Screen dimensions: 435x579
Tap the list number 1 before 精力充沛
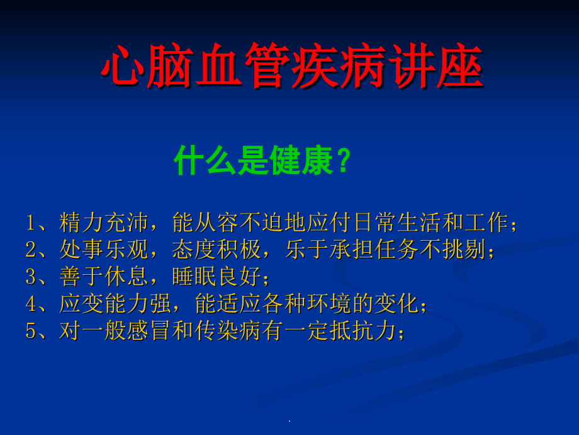[30, 223]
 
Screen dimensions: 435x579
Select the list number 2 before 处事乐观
[30, 250]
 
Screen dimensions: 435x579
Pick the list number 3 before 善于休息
[30, 277]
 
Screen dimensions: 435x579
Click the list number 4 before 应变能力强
[30, 305]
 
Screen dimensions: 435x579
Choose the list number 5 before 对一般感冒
[30, 332]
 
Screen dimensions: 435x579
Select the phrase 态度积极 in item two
[216, 250]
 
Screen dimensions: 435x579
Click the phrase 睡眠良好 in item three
[216, 277]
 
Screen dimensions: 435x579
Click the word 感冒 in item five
[148, 332]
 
